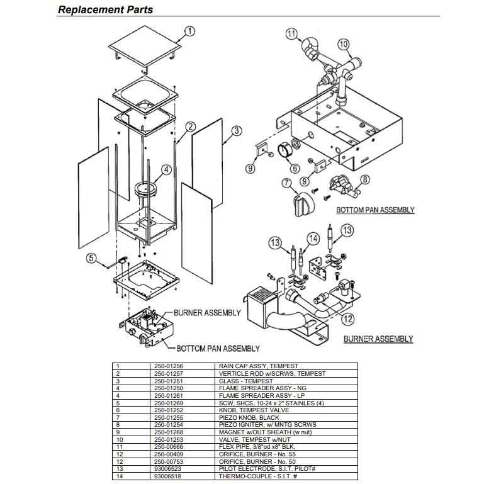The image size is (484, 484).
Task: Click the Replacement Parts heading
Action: (105, 9)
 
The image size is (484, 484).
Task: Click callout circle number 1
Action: (191, 30)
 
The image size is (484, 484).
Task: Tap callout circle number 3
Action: (236, 131)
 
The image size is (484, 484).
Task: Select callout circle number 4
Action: (166, 169)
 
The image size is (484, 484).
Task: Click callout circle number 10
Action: (343, 44)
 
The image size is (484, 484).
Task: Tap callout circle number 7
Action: (286, 184)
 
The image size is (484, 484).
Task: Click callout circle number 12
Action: (347, 318)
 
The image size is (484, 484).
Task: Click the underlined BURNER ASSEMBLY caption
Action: (378, 339)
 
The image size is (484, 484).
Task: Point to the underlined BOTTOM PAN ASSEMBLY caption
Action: (375, 210)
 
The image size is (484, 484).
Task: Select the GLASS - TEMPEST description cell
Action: (242, 381)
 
